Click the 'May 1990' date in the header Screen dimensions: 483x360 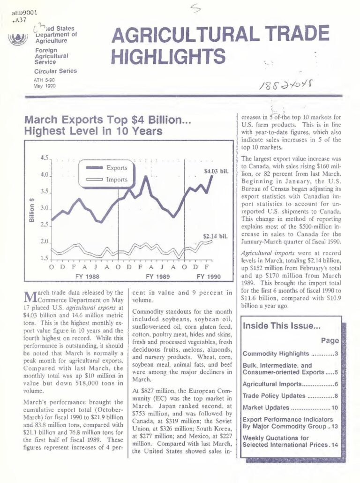[x=45, y=87]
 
